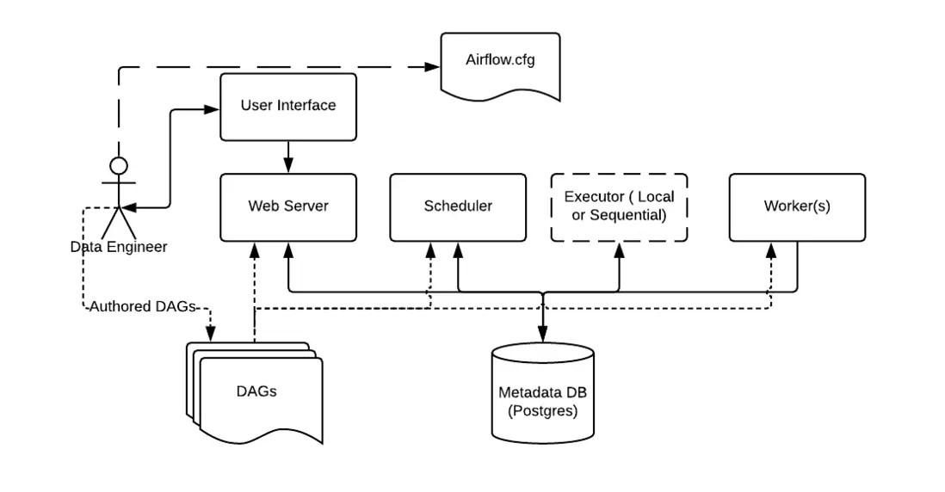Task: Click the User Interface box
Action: click(x=288, y=107)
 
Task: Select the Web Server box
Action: click(x=288, y=206)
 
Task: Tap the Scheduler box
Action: click(x=458, y=206)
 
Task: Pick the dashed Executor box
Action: click(x=619, y=206)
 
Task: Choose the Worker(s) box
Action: click(x=797, y=206)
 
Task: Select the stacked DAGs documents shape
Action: click(x=256, y=391)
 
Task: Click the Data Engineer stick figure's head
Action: click(x=118, y=165)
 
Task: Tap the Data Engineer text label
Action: click(x=119, y=247)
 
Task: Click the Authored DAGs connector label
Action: click(x=143, y=306)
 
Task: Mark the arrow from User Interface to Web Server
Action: click(x=288, y=157)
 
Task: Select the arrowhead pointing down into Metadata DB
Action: click(x=542, y=336)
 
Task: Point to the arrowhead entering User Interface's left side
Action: click(x=213, y=109)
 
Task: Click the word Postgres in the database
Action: click(x=542, y=410)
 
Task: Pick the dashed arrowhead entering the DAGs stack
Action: click(x=209, y=335)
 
